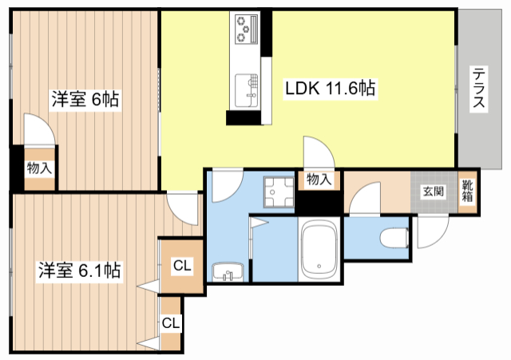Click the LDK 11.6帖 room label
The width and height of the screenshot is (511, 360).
click(330, 88)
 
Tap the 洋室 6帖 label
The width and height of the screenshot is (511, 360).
click(85, 99)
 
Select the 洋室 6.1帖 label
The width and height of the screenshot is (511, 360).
click(80, 271)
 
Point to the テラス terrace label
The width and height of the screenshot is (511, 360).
click(478, 87)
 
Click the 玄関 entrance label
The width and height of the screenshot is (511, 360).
click(434, 192)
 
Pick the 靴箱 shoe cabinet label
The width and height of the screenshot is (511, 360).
click(467, 192)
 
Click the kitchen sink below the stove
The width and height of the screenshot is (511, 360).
click(247, 90)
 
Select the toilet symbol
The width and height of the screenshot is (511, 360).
click(394, 238)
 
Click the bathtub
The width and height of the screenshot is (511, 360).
click(319, 250)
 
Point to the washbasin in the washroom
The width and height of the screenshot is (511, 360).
click(228, 271)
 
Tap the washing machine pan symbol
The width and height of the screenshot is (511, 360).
click(279, 192)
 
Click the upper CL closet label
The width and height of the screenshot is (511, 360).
click(182, 266)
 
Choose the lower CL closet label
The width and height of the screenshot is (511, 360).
click(171, 323)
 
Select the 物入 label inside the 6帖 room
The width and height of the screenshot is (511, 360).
click(39, 168)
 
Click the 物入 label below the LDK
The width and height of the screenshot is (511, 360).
click(319, 179)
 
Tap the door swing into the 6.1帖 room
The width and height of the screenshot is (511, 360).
click(183, 209)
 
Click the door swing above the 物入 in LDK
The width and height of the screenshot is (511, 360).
click(319, 152)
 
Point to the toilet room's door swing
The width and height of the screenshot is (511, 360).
click(365, 199)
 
